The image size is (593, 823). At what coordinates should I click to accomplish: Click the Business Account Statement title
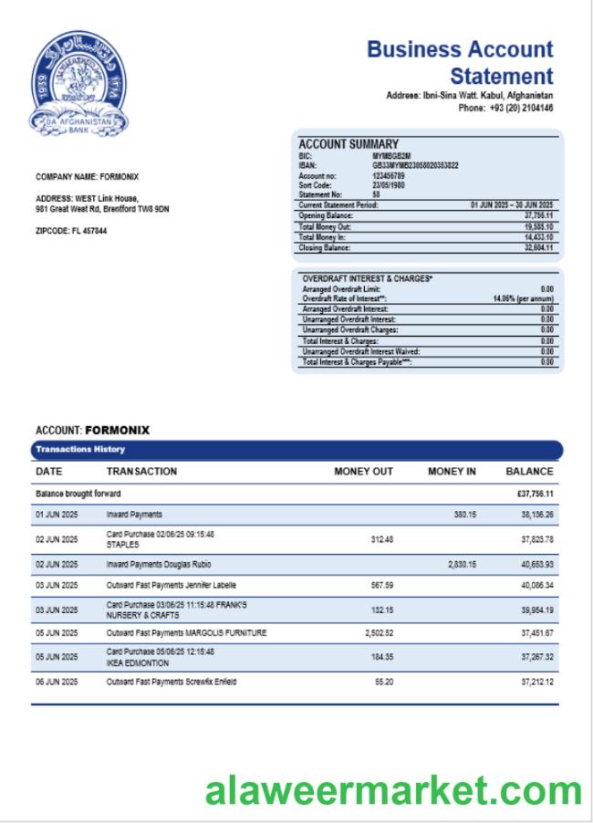pos(460,62)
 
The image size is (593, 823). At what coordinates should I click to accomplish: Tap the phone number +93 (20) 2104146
pos(521,108)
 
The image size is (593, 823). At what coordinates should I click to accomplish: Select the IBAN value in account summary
pos(415,165)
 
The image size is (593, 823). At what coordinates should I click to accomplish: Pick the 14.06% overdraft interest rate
pos(523,298)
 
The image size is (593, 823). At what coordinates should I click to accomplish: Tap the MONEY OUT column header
pos(363,472)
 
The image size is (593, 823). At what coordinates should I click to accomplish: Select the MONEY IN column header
pos(452,472)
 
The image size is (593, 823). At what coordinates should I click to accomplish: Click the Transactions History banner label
pos(79,450)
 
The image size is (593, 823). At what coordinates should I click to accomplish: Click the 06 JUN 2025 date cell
pos(57,682)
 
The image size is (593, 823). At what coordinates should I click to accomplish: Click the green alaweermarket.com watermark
pos(393,790)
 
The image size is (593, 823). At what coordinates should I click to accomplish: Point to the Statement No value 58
pos(377,194)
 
